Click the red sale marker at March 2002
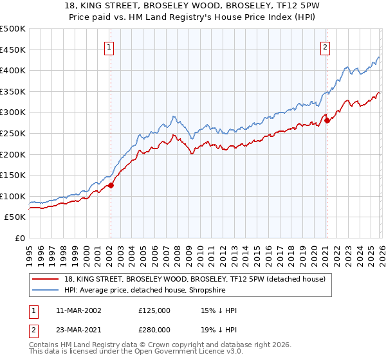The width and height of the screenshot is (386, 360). [111, 185]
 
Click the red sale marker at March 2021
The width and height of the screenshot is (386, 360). [327, 120]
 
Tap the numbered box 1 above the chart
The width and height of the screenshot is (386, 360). [109, 47]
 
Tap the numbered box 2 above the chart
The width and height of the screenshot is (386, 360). [326, 47]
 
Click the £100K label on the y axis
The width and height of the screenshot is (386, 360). [14, 196]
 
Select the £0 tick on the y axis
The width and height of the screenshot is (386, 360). [21, 239]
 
